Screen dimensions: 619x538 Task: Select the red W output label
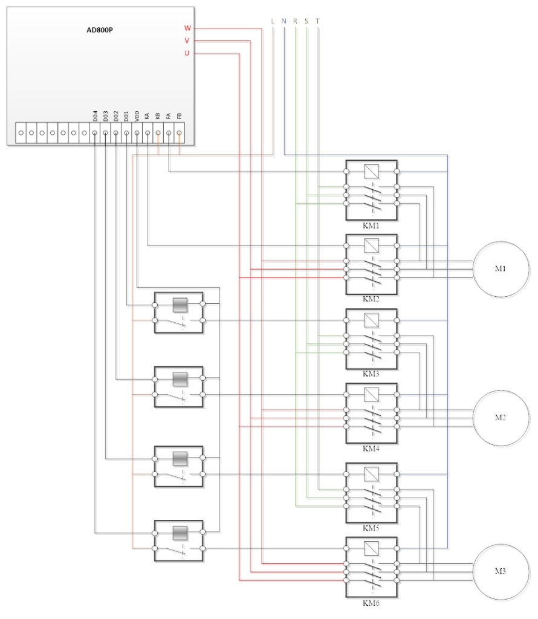(187, 28)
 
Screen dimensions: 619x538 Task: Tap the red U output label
(187, 54)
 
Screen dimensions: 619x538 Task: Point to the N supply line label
(284, 21)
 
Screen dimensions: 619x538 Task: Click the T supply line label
(318, 21)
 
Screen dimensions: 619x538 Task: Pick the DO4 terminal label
(95, 115)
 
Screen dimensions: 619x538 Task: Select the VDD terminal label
(137, 115)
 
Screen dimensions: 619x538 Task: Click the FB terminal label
(179, 116)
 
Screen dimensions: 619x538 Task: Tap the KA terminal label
(147, 116)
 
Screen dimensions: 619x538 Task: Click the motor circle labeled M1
(501, 268)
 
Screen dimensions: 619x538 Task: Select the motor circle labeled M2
(501, 418)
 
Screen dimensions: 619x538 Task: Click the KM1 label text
(371, 225)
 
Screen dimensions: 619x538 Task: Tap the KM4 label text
(371, 449)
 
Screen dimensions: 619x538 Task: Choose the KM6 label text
(371, 602)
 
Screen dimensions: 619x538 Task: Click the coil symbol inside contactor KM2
(371, 245)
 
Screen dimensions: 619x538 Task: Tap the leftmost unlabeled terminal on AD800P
(21, 132)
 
